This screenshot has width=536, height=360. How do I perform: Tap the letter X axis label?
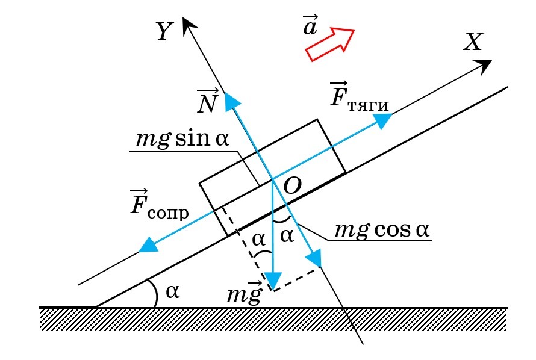pos(474,42)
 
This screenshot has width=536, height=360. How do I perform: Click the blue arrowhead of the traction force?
pos(383,121)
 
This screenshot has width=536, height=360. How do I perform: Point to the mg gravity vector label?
pos(245,293)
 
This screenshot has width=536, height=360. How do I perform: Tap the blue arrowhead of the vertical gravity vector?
pos(274,281)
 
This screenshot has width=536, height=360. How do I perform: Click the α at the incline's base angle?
pos(172,291)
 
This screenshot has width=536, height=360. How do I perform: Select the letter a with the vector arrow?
pos(310,27)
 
